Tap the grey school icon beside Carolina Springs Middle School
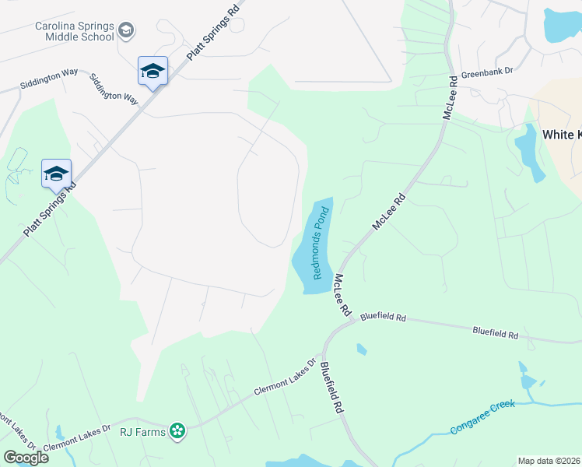point(127,31)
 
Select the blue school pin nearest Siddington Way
point(153,72)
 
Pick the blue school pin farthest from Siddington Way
point(57,174)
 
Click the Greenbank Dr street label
point(487,70)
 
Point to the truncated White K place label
point(561,135)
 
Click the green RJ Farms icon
point(178,430)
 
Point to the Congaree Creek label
point(482,418)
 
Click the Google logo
point(26,457)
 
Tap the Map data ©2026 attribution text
point(548,461)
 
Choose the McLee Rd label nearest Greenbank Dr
point(451,97)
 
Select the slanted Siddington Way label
point(114,90)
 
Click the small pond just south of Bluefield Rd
point(362,349)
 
